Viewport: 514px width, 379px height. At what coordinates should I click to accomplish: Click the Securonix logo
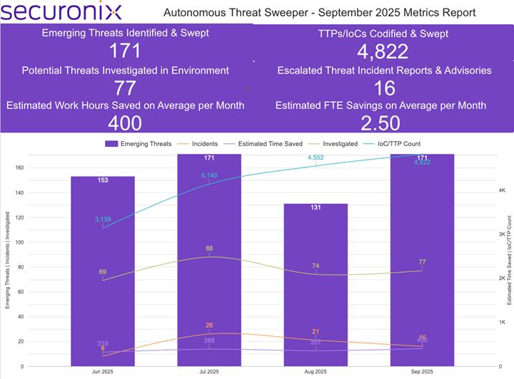61,12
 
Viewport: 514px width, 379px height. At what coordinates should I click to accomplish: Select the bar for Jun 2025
103,271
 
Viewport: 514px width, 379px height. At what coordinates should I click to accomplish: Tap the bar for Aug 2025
316,285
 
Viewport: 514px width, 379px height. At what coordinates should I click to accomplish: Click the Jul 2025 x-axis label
209,372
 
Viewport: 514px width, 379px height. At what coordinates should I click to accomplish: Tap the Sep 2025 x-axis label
422,372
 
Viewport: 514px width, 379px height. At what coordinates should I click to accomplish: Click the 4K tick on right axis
501,191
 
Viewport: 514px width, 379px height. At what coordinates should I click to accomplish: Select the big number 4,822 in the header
383,51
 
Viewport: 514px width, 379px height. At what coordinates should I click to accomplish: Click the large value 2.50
381,123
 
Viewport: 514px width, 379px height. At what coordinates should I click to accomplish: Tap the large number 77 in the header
126,88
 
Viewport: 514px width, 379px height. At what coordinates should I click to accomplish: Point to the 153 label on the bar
103,181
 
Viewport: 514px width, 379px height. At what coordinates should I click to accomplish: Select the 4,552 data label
316,157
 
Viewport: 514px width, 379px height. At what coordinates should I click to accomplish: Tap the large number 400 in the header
126,123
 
